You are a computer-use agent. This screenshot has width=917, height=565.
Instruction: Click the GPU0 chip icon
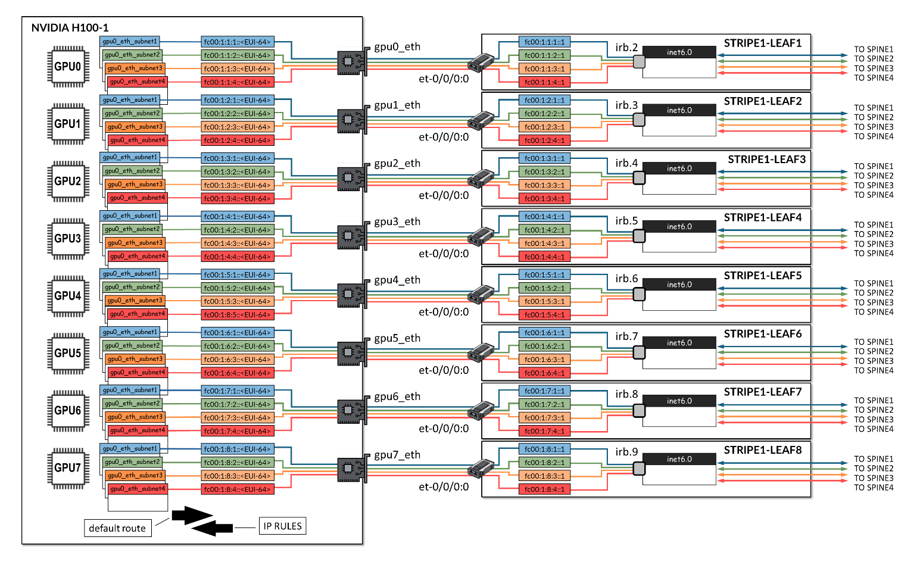tap(68, 66)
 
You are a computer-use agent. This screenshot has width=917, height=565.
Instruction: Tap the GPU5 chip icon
tap(68, 352)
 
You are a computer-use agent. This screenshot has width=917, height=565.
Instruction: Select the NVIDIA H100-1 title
tap(70, 28)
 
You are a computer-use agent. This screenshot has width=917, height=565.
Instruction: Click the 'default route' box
tap(117, 528)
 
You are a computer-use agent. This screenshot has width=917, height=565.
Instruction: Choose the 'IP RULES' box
tap(282, 526)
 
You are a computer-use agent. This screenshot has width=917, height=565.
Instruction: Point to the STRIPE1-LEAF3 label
tap(766, 160)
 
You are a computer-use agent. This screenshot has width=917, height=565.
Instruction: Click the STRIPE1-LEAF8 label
tap(763, 450)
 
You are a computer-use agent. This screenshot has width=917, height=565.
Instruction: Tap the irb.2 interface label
tap(626, 48)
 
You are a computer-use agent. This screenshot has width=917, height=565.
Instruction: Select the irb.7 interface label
tap(626, 336)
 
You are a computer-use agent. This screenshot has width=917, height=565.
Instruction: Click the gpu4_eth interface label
tap(397, 280)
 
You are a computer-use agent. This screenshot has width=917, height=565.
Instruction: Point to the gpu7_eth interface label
tap(397, 455)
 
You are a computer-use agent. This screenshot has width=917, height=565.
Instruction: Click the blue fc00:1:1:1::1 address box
tap(544, 42)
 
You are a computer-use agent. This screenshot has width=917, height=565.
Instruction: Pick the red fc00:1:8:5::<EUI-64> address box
tap(237, 314)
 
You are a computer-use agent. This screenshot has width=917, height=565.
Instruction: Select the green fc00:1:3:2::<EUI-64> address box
tap(237, 171)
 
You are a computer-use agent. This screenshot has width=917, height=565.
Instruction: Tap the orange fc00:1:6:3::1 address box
tap(544, 360)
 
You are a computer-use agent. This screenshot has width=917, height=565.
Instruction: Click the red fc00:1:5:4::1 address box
tap(544, 314)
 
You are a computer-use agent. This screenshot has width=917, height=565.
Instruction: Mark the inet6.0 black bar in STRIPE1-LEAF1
tap(679, 52)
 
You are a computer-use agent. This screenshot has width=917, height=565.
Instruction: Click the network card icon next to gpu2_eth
tap(351, 178)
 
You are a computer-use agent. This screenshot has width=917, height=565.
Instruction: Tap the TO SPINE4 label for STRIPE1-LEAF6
tap(874, 370)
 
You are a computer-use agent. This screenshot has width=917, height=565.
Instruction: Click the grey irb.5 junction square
tap(639, 236)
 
